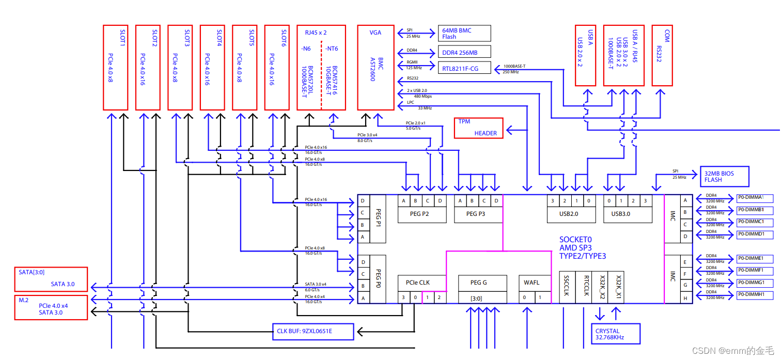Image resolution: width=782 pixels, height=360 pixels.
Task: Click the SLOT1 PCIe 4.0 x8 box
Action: coord(116,67)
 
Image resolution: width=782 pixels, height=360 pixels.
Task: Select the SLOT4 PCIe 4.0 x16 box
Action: coord(212,67)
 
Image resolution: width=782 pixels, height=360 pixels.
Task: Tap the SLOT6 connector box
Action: coord(277,67)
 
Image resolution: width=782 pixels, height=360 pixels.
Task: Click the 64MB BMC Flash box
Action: coord(464,34)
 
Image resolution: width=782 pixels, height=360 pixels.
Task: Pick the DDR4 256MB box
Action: coord(464,52)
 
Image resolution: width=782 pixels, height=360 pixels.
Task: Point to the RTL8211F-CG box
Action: coord(464,68)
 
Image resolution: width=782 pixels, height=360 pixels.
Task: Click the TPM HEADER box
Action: coord(479,128)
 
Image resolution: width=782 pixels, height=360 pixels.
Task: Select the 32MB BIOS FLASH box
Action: coord(724,177)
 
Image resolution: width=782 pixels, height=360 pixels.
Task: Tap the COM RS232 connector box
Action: coord(662,55)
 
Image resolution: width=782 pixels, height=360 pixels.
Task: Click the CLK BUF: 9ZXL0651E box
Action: coord(313,332)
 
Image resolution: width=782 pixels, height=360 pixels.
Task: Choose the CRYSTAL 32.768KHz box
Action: coord(616,334)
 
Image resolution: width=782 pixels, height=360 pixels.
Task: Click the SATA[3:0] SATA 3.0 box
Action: coord(51,279)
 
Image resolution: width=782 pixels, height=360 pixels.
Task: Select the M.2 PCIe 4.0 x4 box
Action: coord(51,308)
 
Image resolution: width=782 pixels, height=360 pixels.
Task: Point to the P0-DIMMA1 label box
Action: coord(755,198)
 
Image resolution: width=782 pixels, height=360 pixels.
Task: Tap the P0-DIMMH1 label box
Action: coord(755,295)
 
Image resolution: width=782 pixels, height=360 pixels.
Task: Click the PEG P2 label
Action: coord(419,214)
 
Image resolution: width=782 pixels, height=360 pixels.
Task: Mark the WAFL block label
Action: coord(531,283)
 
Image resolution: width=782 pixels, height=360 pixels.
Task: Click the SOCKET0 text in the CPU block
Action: coord(575,240)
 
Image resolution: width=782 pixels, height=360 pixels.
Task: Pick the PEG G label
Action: coord(479,283)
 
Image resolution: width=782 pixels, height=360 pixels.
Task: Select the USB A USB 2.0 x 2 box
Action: coord(585,55)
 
